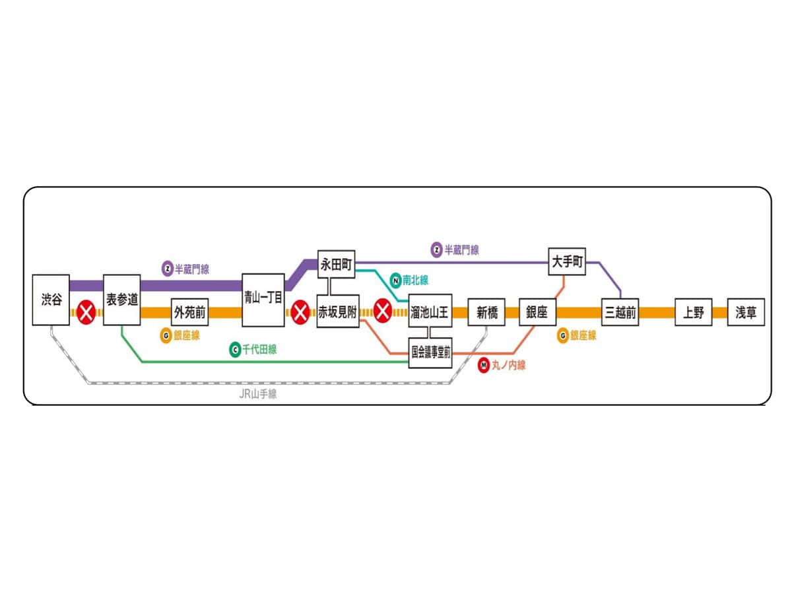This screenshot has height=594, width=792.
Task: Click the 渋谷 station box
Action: point(51,300)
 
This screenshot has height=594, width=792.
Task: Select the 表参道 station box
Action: point(122,300)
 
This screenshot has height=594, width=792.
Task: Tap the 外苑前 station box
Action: point(190,312)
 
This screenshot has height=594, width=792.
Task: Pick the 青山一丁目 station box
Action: point(263,300)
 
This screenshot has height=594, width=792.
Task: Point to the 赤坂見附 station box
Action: point(337,313)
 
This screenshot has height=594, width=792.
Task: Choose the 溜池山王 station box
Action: point(430,313)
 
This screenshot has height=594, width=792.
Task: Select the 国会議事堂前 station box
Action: point(430,352)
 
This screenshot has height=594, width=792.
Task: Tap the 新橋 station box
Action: point(486,313)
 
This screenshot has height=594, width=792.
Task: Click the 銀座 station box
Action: point(537,313)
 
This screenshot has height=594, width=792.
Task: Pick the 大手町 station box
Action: point(567,262)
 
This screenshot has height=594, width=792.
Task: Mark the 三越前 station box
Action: point(620,313)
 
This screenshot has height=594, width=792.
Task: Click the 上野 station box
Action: point(693,313)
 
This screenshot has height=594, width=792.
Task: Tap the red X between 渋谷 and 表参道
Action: point(86,312)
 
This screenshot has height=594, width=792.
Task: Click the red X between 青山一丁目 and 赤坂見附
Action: point(300,312)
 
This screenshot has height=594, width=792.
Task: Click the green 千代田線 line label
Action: point(253,350)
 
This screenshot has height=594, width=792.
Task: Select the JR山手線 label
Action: point(257,395)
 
